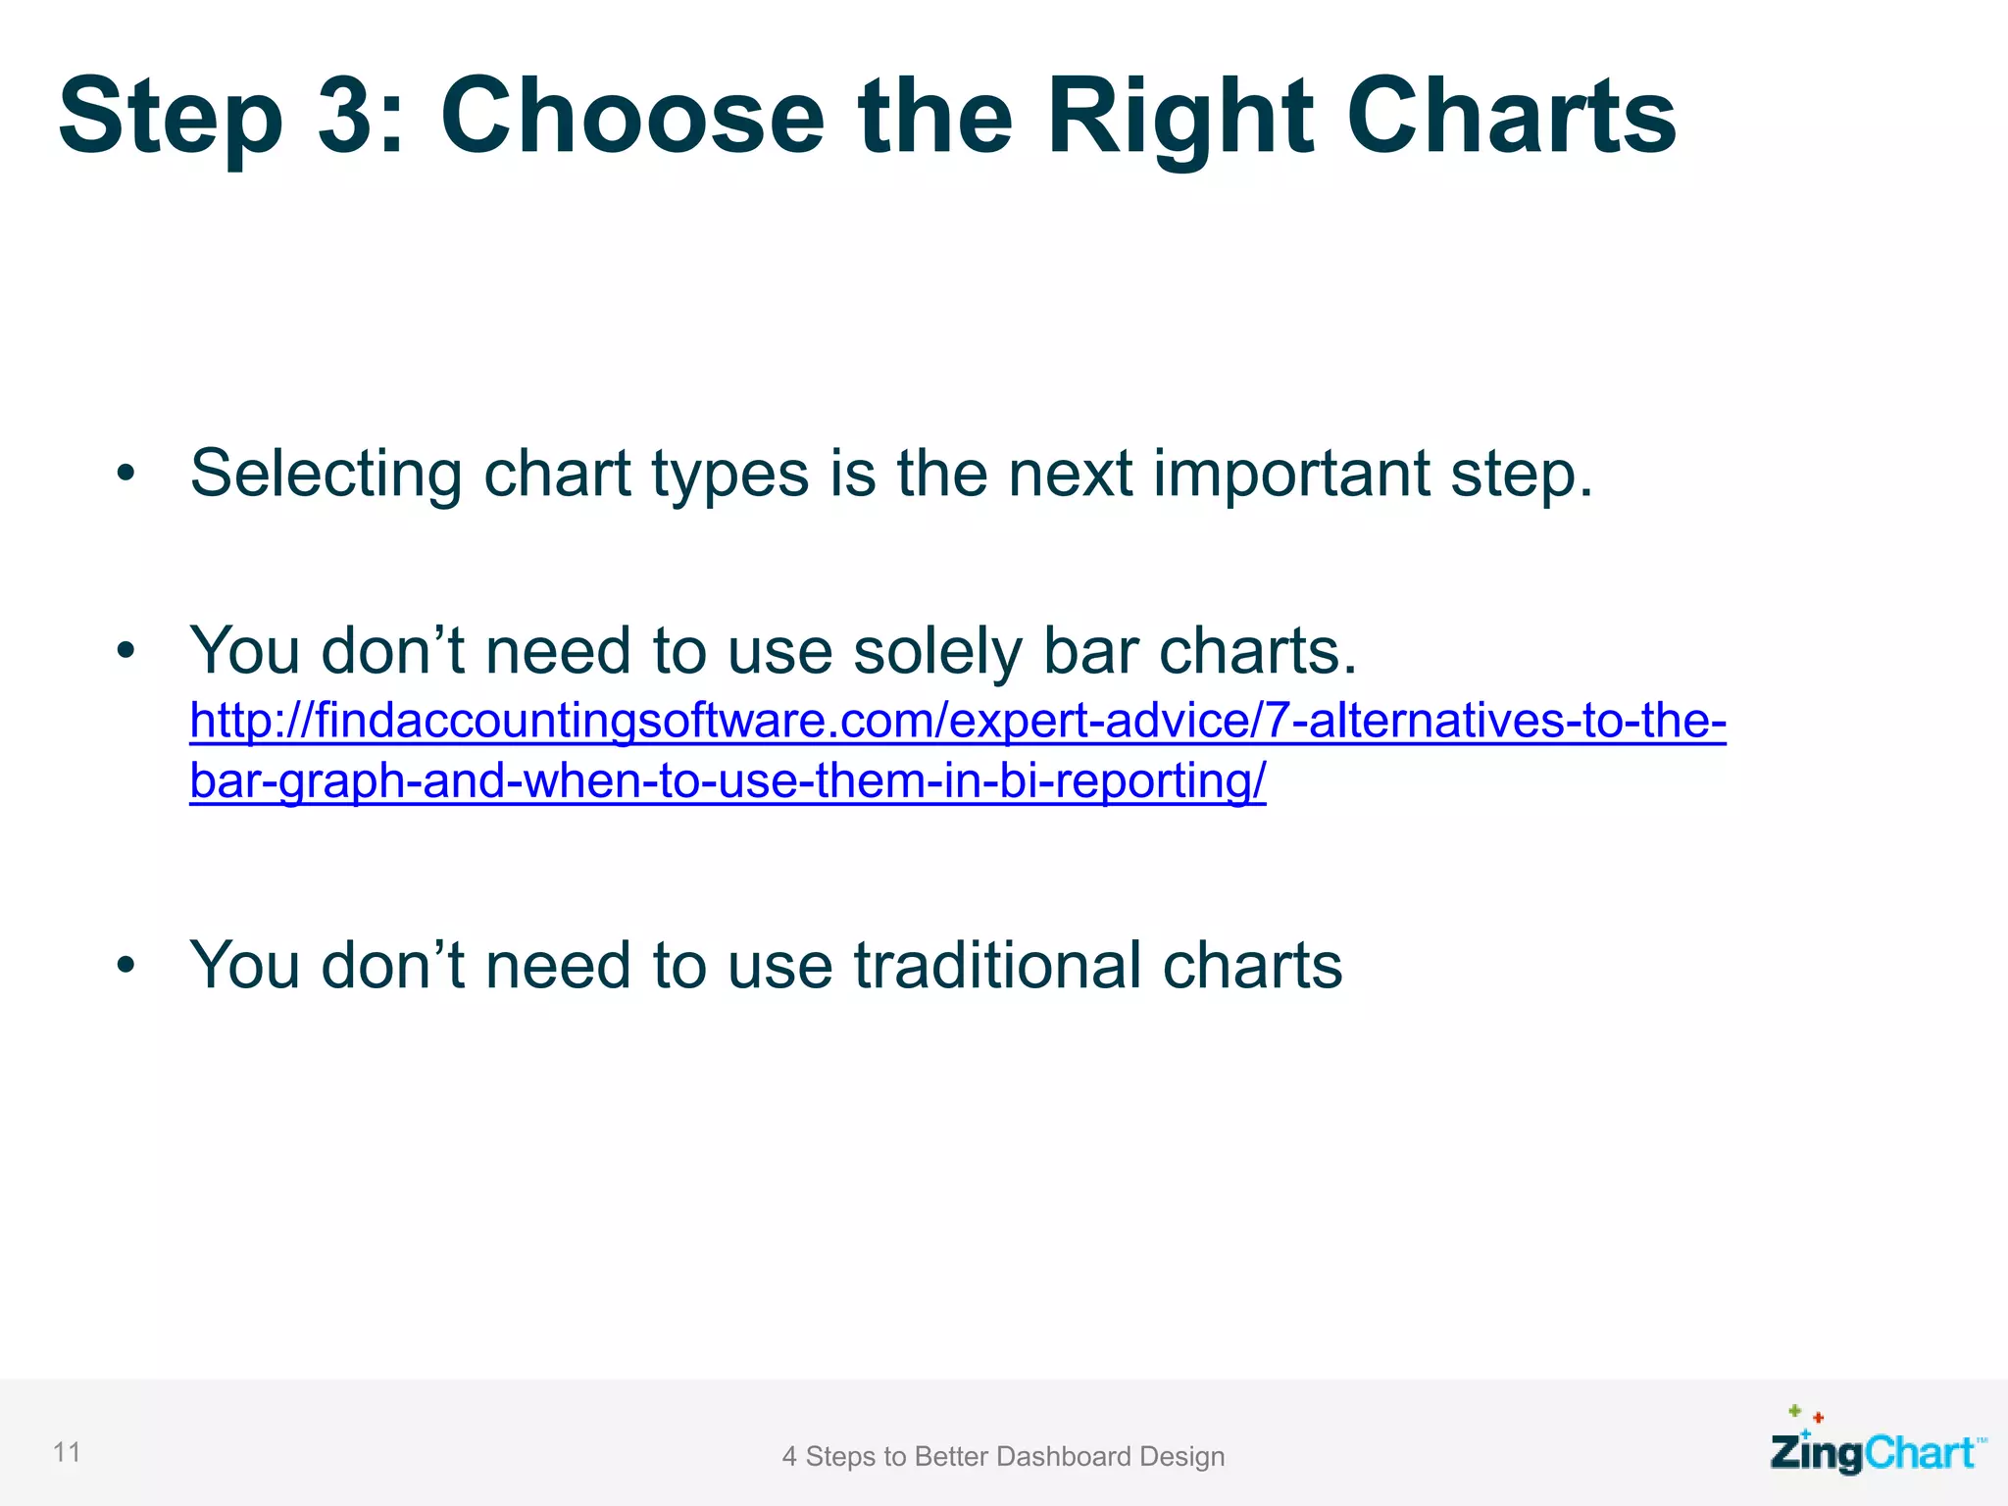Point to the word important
coord(1289,475)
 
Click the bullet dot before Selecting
coord(125,475)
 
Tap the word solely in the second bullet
coord(937,652)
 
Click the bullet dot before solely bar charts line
coord(125,651)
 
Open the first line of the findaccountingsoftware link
coord(957,722)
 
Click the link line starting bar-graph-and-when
coord(727,781)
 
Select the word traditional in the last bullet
coord(996,967)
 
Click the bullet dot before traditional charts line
coord(125,966)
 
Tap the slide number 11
coord(67,1452)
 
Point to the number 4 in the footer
coord(789,1457)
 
